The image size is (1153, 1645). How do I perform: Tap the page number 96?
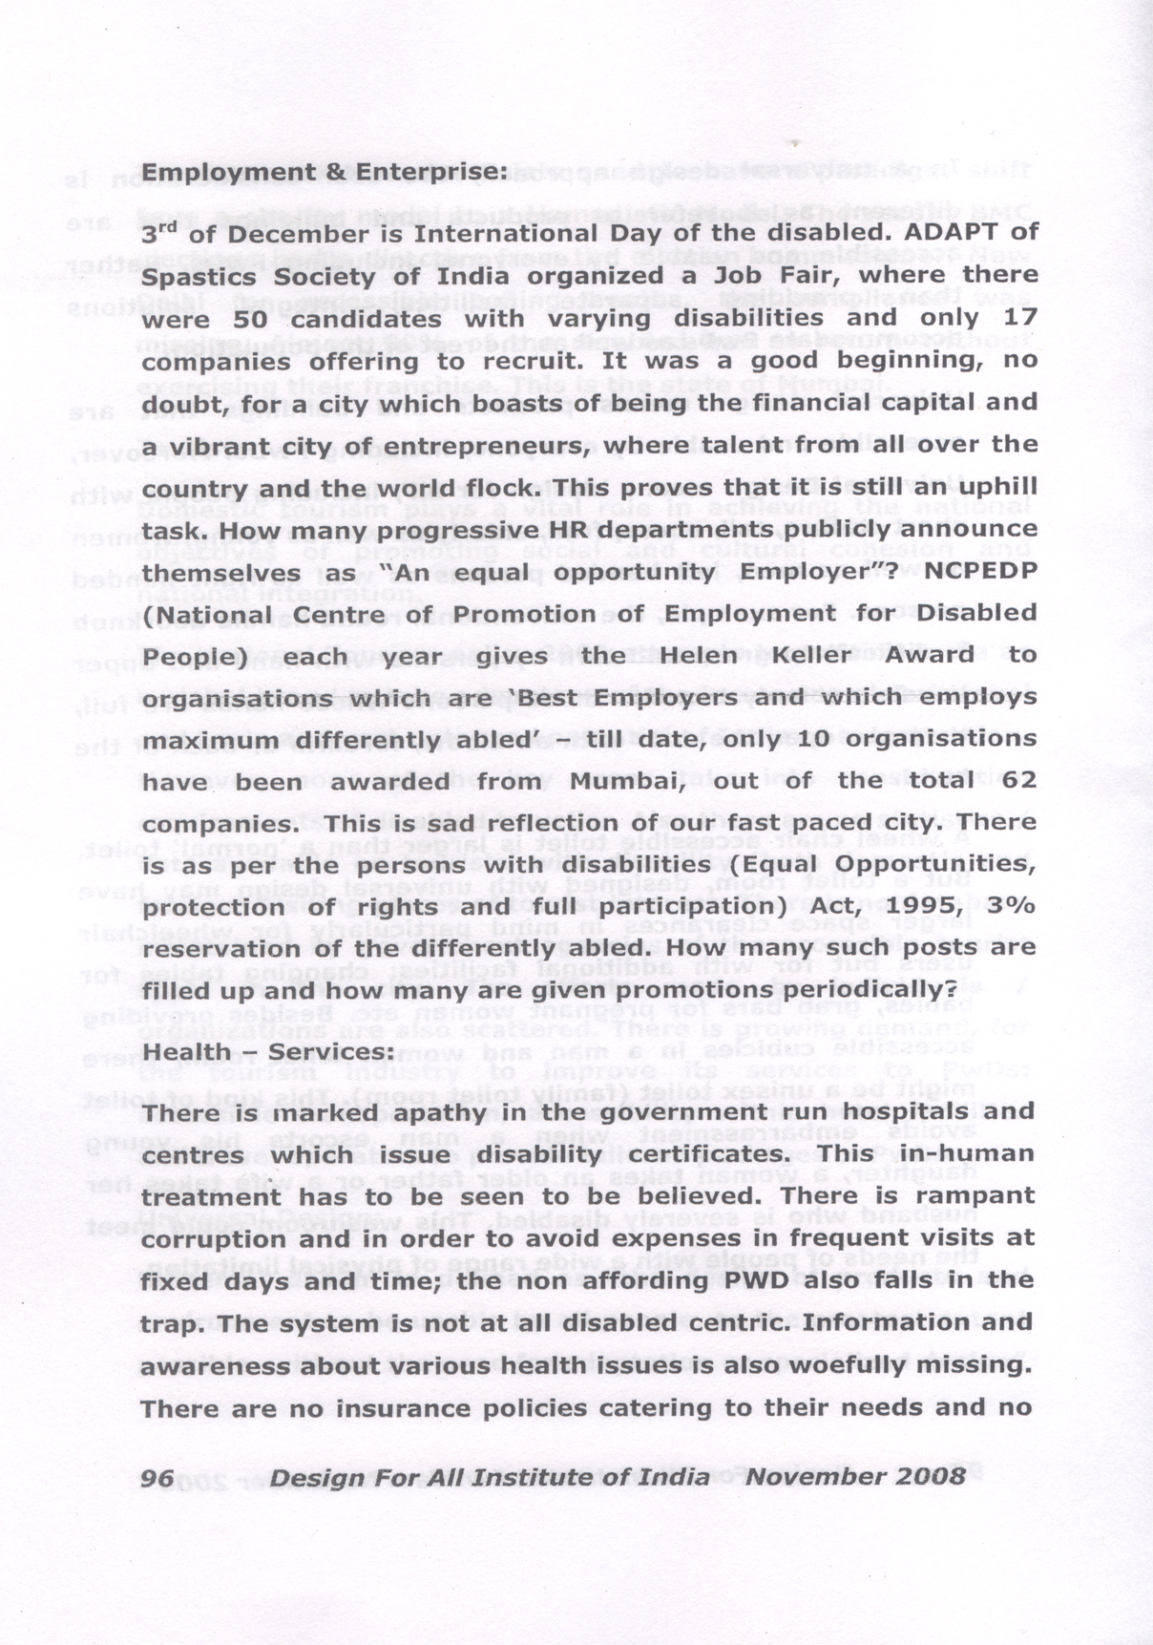click(x=157, y=1477)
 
